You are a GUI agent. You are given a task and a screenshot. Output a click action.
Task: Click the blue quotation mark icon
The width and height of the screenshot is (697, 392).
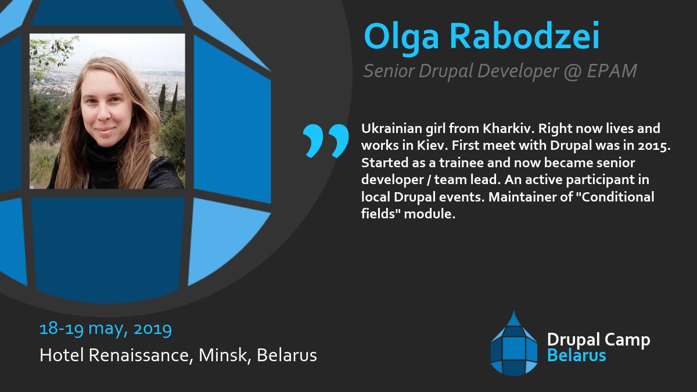[325, 141]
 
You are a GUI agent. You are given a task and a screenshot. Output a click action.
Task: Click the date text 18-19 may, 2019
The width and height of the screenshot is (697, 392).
[106, 329]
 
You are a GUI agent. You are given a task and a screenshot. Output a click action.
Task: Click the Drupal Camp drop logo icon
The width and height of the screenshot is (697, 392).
[513, 343]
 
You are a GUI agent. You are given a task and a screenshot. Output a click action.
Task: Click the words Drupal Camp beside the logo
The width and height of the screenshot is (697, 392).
[598, 340]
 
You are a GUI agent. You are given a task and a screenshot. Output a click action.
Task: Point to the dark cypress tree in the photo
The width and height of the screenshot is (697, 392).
[162, 99]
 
